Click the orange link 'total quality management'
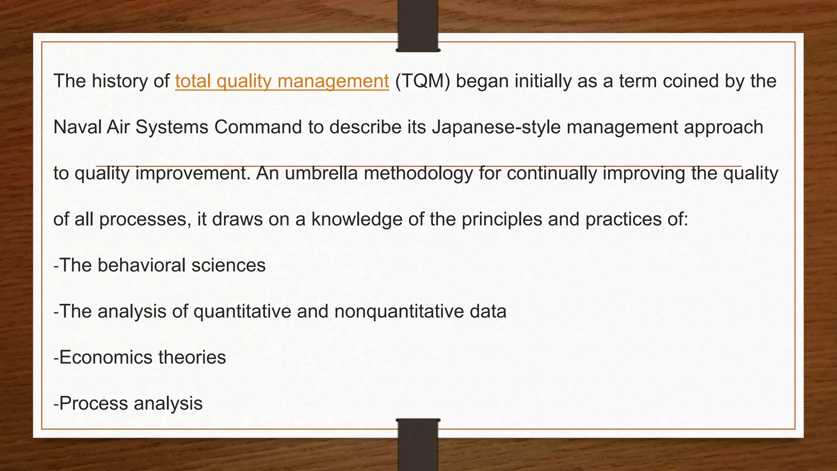(x=282, y=81)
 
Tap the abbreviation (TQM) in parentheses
(x=423, y=81)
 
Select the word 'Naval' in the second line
(x=77, y=127)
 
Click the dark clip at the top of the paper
(x=418, y=27)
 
